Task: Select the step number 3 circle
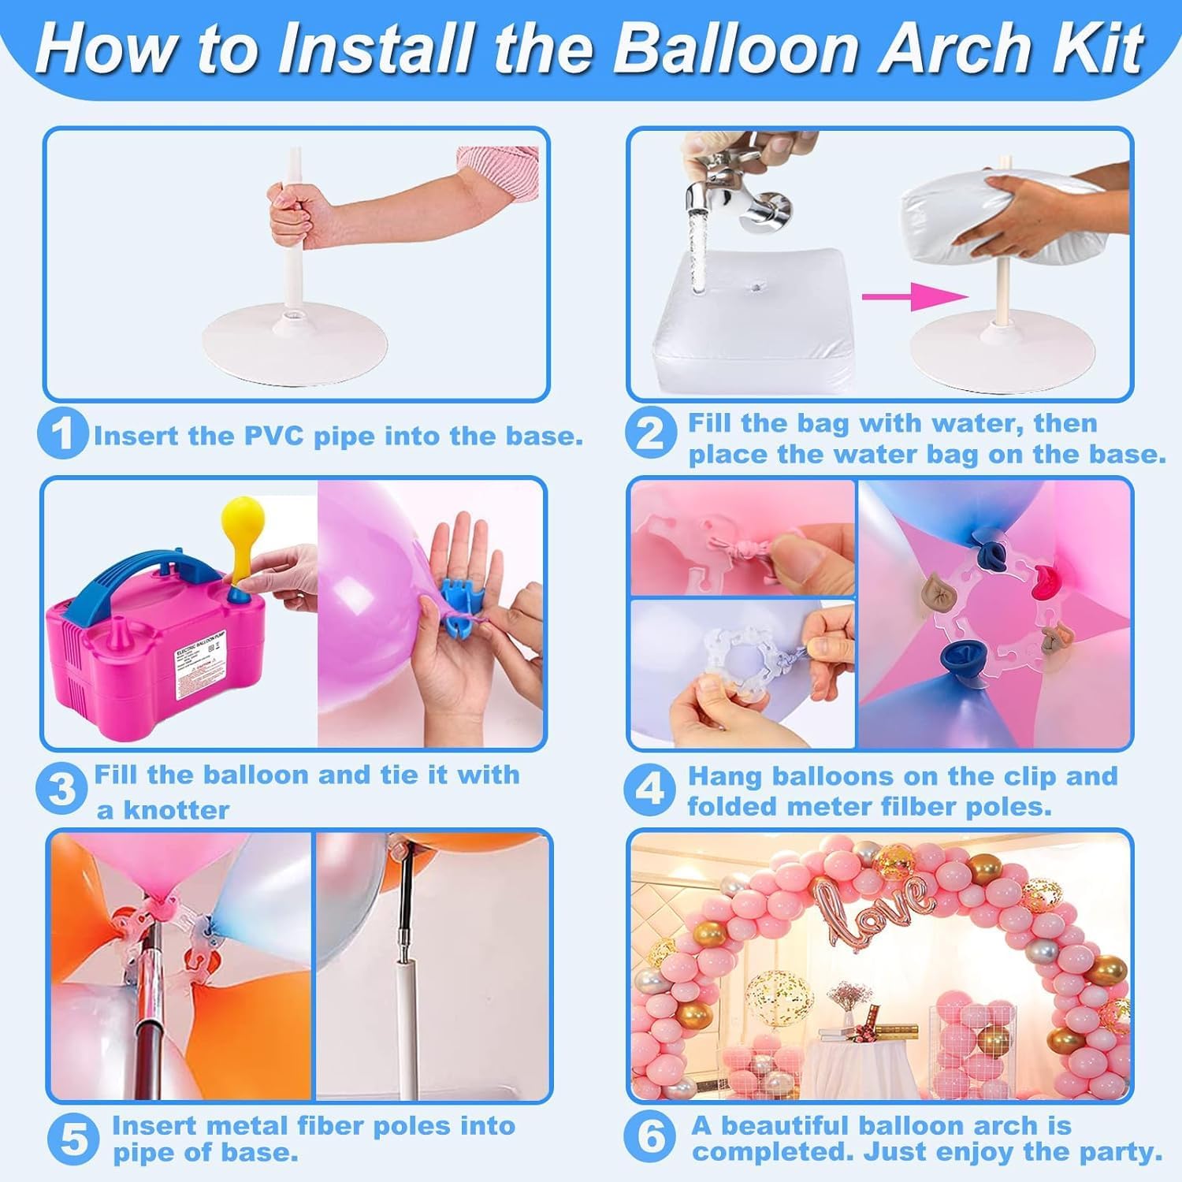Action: [61, 789]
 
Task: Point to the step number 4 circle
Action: [649, 789]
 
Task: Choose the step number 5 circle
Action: [73, 1139]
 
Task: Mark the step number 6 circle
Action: [651, 1138]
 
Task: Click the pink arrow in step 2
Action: [914, 297]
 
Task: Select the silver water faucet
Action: [733, 189]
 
